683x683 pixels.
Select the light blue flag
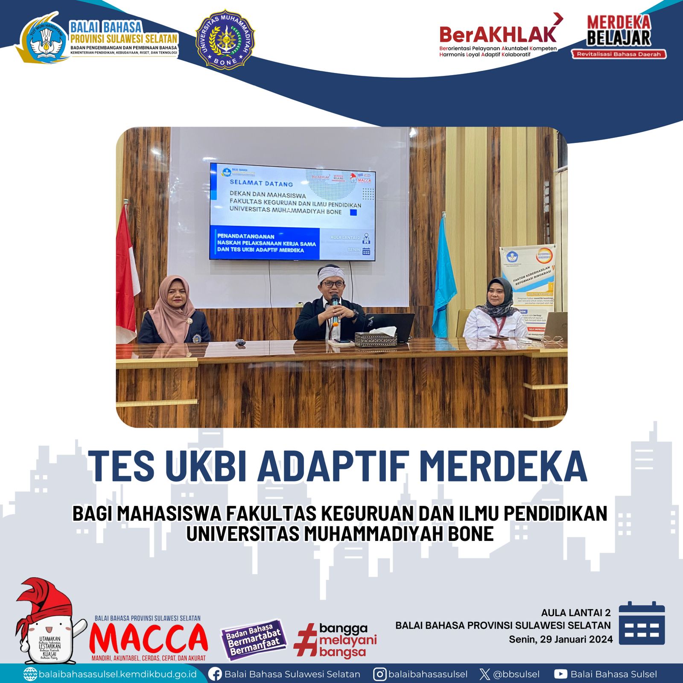coord(444,277)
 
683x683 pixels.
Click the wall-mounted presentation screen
coord(292,212)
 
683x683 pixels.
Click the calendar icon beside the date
coord(642,623)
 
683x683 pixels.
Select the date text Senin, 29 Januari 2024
coord(560,639)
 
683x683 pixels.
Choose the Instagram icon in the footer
coord(379,674)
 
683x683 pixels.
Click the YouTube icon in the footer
coord(560,674)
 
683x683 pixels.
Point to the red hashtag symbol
coord(305,639)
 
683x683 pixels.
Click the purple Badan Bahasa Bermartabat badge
coord(253,639)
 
